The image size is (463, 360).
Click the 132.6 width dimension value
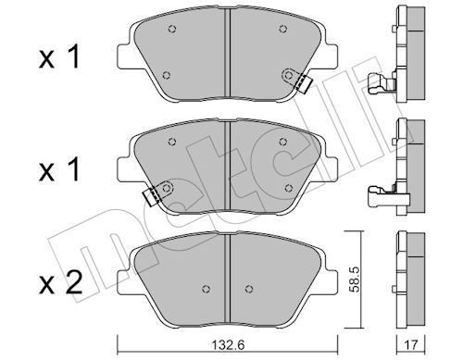click(229, 345)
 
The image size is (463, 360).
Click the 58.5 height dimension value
click(354, 279)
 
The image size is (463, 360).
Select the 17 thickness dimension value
click(411, 345)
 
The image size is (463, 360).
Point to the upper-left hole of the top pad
click(172, 29)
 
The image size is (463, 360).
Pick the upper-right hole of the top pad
click(282, 29)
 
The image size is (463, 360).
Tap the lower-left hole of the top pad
click(167, 75)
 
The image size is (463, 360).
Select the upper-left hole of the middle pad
click(172, 142)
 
